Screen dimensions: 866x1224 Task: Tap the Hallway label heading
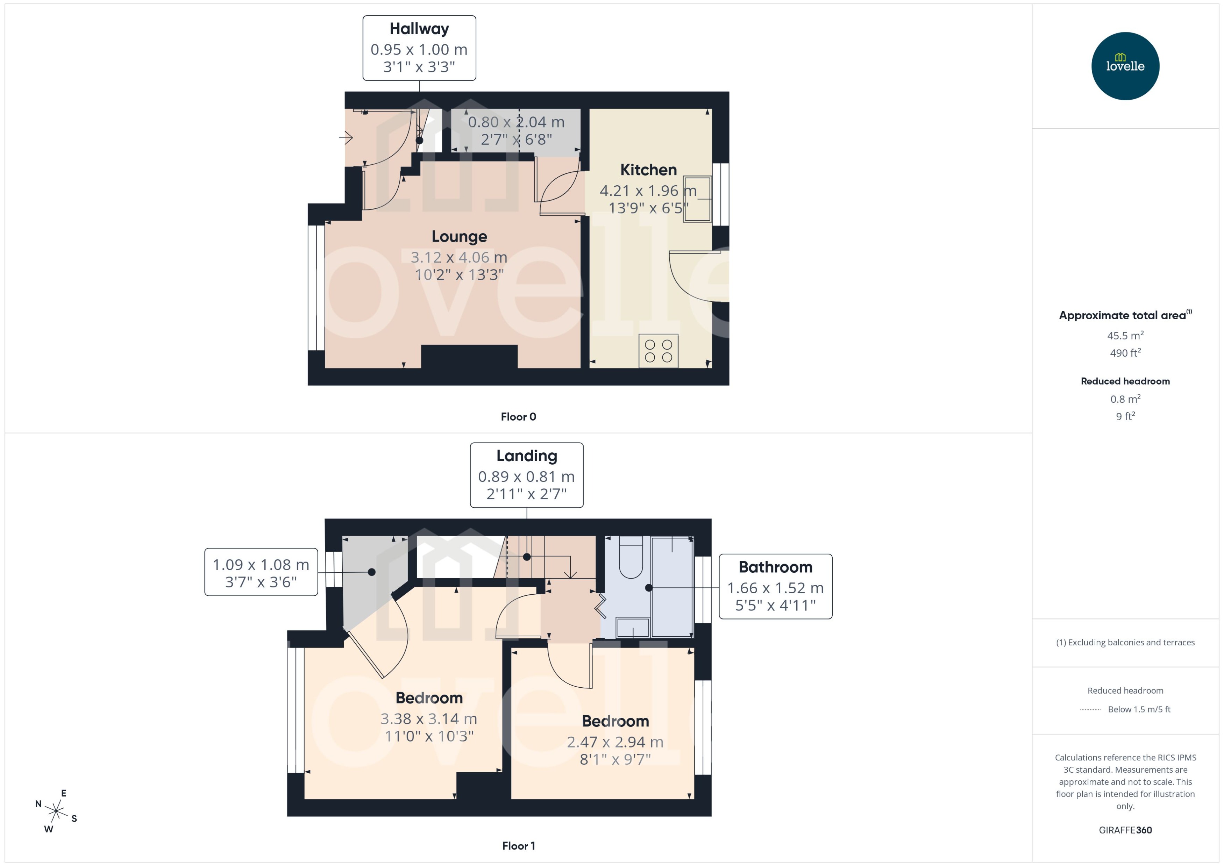point(419,29)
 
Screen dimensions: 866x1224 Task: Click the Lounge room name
point(459,237)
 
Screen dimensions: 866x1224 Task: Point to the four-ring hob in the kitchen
point(658,351)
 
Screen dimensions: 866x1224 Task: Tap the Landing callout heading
point(526,456)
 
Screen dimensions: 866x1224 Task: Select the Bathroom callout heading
point(775,567)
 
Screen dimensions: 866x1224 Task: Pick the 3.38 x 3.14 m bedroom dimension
point(429,719)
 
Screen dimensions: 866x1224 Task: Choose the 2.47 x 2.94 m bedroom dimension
point(615,742)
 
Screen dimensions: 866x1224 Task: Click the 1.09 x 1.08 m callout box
point(261,572)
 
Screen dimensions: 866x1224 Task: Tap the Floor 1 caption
point(518,846)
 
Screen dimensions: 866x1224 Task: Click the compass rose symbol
point(56,811)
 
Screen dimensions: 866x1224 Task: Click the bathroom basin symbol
point(633,628)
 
